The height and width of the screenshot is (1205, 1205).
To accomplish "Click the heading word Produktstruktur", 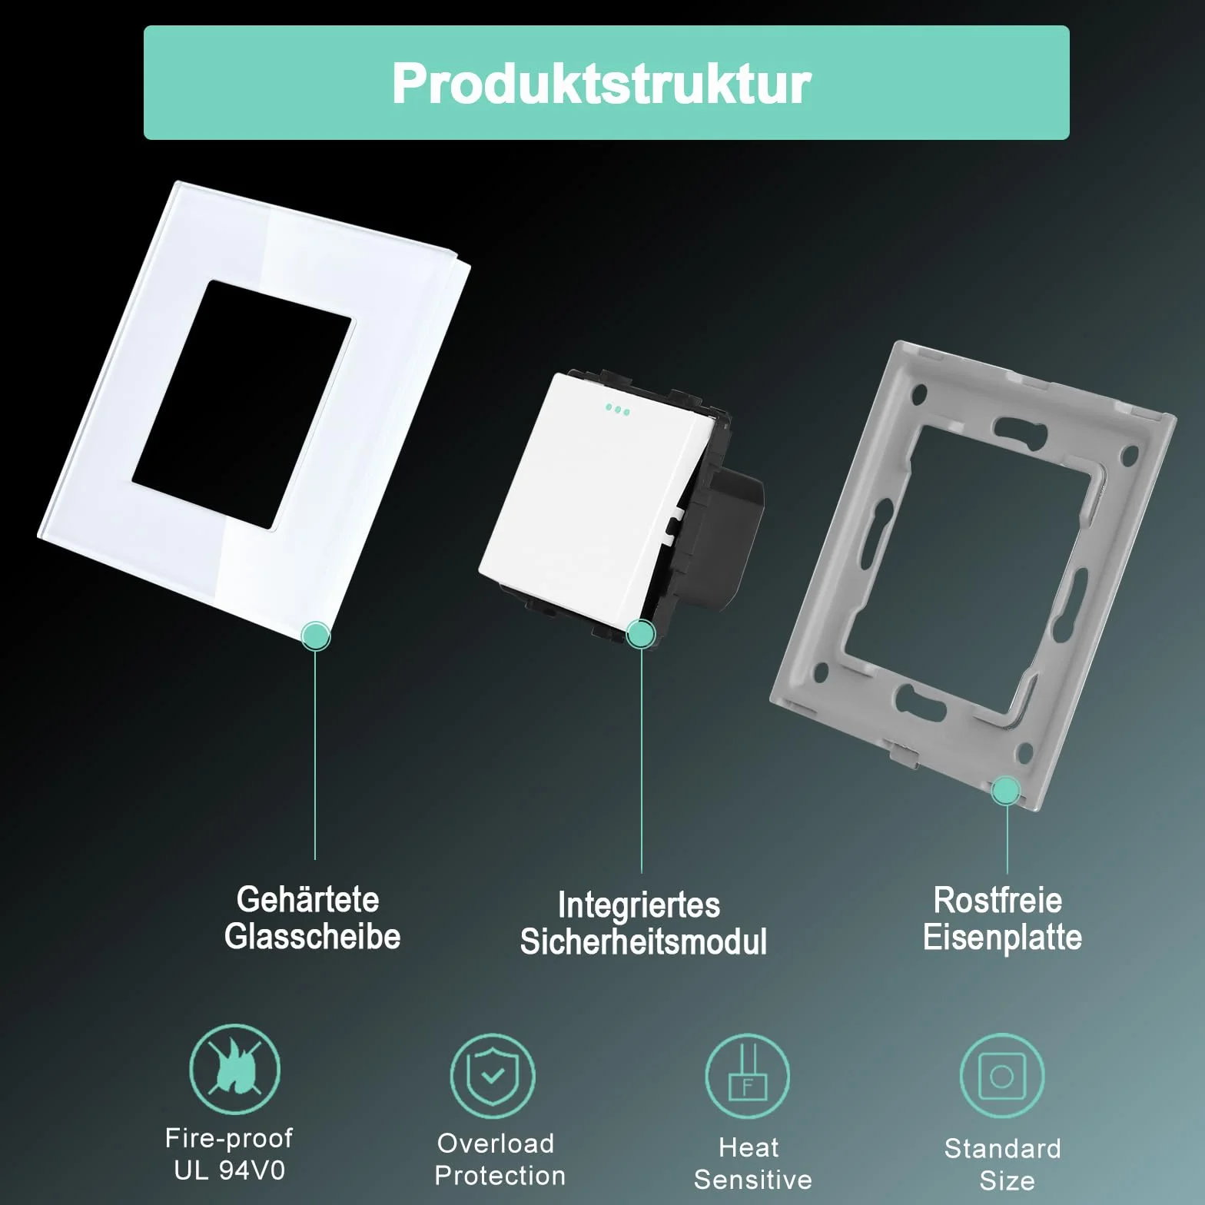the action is (601, 83).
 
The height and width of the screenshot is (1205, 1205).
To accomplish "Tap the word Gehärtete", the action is (308, 899).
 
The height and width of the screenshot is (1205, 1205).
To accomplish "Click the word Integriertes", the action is (639, 905).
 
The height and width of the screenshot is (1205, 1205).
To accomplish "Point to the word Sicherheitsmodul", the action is (643, 941).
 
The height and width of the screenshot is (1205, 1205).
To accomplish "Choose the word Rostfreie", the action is (998, 900).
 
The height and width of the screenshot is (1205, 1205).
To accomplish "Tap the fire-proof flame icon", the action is (234, 1069).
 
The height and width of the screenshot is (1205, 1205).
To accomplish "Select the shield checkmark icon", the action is (493, 1076).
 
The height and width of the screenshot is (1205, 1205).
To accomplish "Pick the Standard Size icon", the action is (1002, 1076).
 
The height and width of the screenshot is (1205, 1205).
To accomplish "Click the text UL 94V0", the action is (229, 1170).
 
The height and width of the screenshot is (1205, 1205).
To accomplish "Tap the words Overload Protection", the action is (499, 1160).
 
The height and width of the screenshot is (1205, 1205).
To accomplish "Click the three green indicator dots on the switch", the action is (617, 410).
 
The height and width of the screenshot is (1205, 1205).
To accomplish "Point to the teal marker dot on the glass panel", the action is (315, 636).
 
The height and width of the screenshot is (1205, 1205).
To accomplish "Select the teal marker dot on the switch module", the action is (641, 634).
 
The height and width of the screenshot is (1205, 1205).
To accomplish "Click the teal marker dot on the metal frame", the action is (1006, 791).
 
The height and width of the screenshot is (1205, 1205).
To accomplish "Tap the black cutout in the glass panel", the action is (242, 405).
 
